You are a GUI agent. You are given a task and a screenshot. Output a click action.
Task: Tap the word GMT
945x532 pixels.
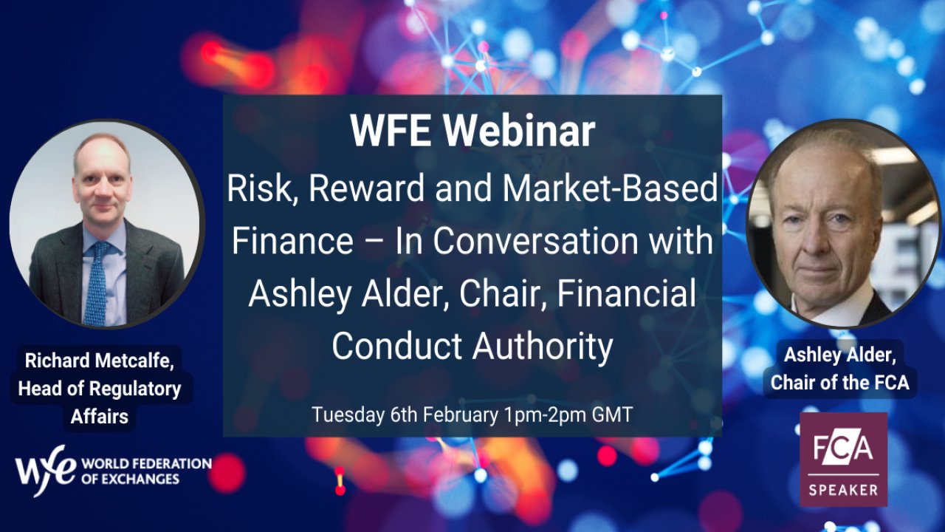pyautogui.click(x=612, y=415)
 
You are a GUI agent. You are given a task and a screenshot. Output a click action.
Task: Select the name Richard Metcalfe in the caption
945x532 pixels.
pyautogui.click(x=99, y=360)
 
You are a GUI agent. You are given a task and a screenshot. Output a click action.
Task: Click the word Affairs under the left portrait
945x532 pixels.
pyautogui.click(x=100, y=416)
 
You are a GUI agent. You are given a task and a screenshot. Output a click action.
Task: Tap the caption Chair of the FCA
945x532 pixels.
pyautogui.click(x=839, y=383)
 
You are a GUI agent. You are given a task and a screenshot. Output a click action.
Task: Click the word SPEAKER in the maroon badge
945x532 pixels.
pyautogui.click(x=843, y=490)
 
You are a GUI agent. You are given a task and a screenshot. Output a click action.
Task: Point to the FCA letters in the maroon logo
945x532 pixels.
pyautogui.click(x=843, y=448)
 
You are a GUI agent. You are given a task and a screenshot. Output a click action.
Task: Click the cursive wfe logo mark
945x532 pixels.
pyautogui.click(x=46, y=470)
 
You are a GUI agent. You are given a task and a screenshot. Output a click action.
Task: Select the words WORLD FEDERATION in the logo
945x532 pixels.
pyautogui.click(x=146, y=463)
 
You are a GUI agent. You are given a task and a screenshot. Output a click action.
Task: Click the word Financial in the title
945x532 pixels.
pyautogui.click(x=627, y=293)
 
